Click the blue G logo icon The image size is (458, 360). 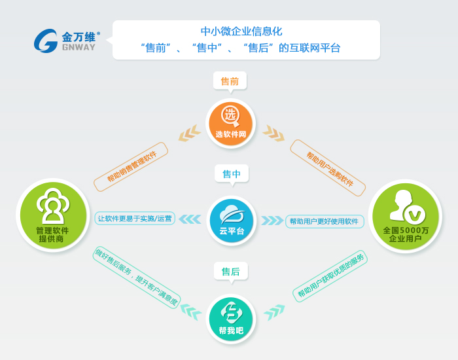[46, 41]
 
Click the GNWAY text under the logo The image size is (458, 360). [79, 47]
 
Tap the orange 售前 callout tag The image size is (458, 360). [230, 82]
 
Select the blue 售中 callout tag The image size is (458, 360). [232, 175]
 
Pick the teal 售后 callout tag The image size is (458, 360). [231, 272]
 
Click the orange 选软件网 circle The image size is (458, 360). [231, 123]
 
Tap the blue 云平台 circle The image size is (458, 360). [232, 221]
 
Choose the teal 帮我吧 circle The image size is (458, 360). [231, 319]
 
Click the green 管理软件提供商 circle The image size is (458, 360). [53, 215]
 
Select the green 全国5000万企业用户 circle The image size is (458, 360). [405, 216]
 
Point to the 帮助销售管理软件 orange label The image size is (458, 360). [131, 166]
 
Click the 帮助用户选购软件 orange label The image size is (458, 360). [328, 168]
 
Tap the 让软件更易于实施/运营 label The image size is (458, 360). [135, 218]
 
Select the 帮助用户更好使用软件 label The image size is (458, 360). [325, 221]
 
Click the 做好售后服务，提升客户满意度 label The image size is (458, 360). [137, 278]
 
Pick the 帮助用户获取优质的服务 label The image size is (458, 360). [330, 276]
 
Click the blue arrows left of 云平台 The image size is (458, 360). [190, 219]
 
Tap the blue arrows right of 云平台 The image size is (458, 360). [272, 221]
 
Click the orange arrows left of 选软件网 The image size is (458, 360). [190, 134]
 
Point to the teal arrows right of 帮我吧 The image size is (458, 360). [274, 312]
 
